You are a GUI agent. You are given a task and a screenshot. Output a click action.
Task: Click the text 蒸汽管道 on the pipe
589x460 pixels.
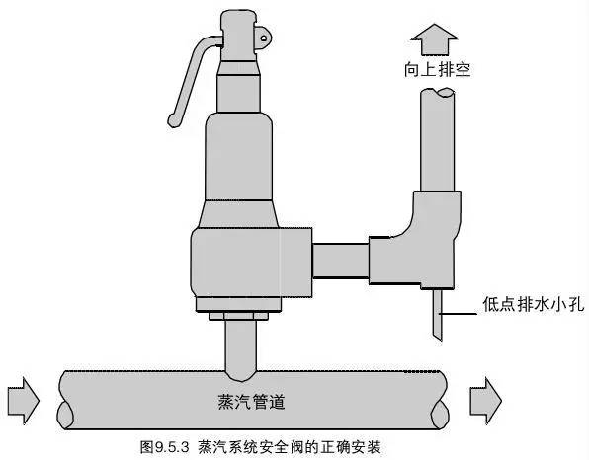click(x=249, y=402)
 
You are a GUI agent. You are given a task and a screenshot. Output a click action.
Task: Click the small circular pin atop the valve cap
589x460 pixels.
click(x=266, y=36)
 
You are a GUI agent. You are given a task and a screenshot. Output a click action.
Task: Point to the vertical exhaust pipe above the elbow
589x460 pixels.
click(x=437, y=148)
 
